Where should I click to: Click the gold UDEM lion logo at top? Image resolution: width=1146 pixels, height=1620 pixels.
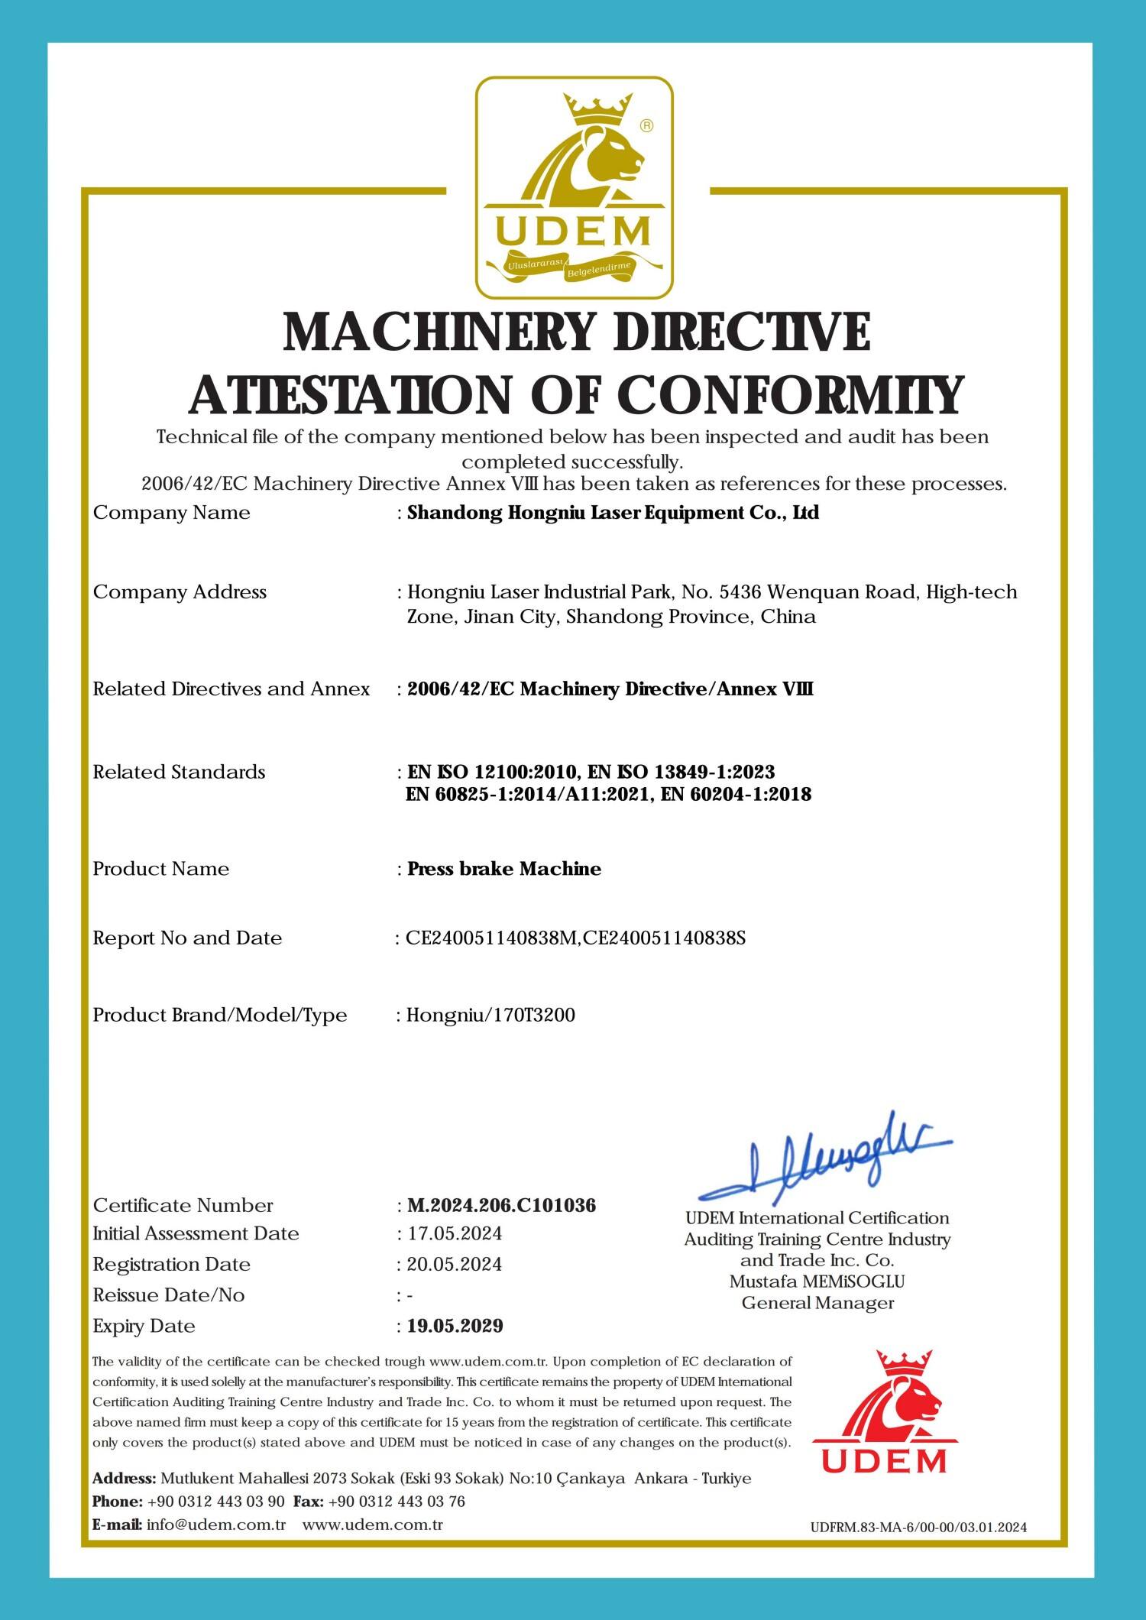tap(574, 187)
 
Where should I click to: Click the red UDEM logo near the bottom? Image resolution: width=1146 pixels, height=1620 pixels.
tap(883, 1413)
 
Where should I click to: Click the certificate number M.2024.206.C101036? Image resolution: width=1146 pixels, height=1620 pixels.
tap(501, 1205)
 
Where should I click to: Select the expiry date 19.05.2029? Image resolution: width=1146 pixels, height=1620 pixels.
tap(455, 1326)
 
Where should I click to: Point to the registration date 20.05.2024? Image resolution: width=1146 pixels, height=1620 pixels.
tap(454, 1265)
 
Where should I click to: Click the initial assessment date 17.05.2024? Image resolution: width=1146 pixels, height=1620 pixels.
tap(454, 1234)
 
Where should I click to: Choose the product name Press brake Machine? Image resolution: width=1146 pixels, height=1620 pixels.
tap(504, 869)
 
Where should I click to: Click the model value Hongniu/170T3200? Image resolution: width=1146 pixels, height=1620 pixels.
tap(490, 1015)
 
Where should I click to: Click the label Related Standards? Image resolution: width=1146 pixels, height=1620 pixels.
tap(179, 772)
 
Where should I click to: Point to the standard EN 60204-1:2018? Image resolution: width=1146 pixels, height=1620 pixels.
tap(736, 795)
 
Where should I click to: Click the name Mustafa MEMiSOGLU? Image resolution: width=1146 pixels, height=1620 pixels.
tap(817, 1281)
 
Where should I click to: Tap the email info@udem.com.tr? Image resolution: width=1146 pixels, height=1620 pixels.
tap(216, 1524)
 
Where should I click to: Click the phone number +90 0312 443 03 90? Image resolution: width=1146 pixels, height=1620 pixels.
tap(216, 1502)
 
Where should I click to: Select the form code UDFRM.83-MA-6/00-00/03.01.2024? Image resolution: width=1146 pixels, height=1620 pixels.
tap(918, 1528)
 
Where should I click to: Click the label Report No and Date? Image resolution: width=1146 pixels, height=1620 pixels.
tap(187, 938)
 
